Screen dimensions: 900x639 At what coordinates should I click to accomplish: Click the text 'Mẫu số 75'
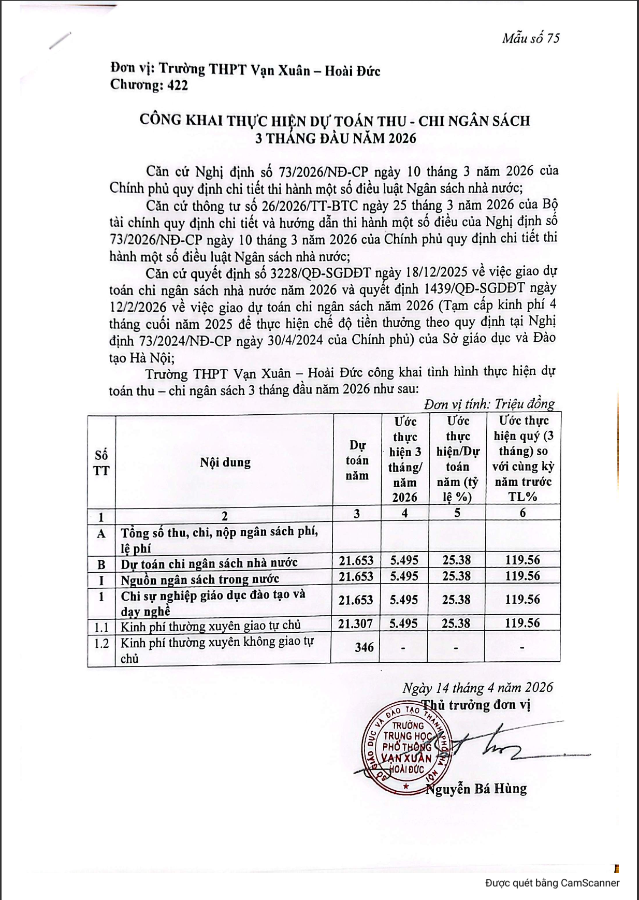(530, 38)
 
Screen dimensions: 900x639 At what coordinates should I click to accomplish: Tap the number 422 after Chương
(178, 85)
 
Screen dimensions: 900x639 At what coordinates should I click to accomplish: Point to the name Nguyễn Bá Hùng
(476, 789)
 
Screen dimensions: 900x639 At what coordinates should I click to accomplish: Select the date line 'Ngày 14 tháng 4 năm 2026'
(477, 688)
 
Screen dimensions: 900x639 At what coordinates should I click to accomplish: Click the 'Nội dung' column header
(225, 462)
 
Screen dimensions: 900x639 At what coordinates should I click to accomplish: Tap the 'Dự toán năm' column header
(357, 460)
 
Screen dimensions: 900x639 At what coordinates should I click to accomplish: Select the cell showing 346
(364, 647)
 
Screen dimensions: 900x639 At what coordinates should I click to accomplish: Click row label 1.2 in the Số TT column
(101, 643)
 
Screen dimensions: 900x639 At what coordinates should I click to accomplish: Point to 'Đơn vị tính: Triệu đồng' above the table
(489, 404)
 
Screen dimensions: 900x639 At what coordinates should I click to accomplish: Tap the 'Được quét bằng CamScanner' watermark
(552, 883)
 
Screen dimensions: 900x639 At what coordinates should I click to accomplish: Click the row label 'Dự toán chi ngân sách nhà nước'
(209, 563)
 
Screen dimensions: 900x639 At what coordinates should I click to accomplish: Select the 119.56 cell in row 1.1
(522, 623)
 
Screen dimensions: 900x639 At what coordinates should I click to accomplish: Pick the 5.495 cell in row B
(404, 560)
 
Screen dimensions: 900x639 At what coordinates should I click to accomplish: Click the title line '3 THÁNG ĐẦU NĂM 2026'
(336, 138)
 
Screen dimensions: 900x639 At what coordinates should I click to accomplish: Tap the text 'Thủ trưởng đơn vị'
(476, 705)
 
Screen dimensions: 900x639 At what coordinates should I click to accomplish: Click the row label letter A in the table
(101, 534)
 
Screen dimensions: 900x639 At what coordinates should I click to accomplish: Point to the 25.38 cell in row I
(456, 576)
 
